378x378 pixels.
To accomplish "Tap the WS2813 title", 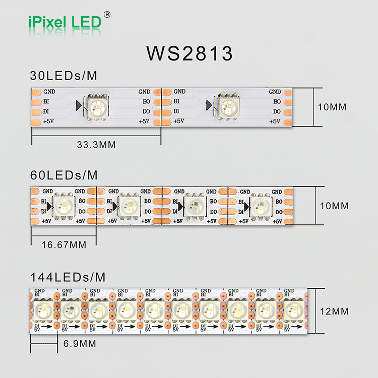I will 190,53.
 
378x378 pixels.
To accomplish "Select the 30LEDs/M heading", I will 64,76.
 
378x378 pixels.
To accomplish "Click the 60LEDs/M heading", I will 64,175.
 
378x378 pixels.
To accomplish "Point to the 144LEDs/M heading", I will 68,277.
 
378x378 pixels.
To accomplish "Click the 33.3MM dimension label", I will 96,145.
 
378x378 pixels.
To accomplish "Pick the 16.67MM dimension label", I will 64,244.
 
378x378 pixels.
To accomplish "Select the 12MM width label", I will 334,311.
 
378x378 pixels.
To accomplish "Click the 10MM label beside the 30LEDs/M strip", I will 332,107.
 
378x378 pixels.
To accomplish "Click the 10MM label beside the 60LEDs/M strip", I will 334,206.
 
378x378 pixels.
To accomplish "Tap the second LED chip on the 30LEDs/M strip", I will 227,106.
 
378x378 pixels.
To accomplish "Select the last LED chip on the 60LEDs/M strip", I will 260,206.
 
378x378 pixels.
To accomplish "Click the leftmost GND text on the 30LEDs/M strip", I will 49,92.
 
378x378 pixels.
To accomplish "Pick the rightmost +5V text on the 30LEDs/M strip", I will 275,121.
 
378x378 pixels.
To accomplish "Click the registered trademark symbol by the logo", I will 107,14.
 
